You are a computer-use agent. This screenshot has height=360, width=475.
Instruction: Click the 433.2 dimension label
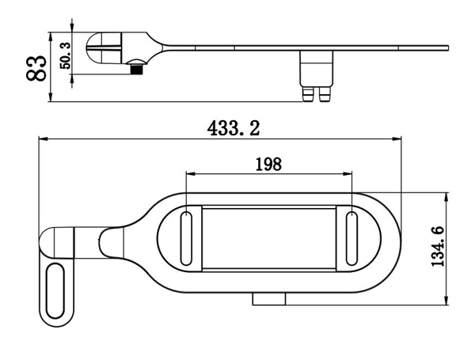click(x=234, y=127)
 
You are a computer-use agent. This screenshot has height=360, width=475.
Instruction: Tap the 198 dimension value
click(x=268, y=164)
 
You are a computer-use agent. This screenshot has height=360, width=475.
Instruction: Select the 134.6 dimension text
click(x=438, y=246)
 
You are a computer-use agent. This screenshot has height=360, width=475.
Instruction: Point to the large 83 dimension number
click(x=36, y=68)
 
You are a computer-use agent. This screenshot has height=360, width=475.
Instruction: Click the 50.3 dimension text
click(x=65, y=55)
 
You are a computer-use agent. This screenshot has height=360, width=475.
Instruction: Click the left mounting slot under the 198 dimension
click(x=186, y=239)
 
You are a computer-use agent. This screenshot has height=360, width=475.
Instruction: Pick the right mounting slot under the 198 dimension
click(x=351, y=239)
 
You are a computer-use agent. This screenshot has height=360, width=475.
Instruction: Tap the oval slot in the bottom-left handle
click(x=55, y=290)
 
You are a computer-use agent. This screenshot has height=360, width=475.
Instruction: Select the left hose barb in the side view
click(x=309, y=94)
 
